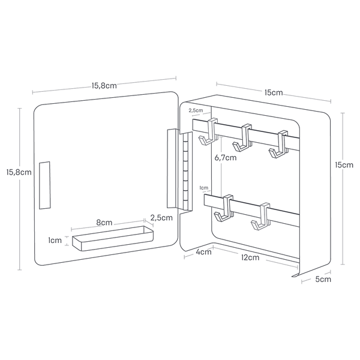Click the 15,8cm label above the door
pos(104,86)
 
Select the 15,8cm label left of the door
pos(19,172)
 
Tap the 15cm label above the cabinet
pos(274,92)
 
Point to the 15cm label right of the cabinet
pos(344,165)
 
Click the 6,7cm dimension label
pos(225,158)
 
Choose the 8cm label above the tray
pos(104,222)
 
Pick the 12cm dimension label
pos(250,257)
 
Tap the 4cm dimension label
pos(203,251)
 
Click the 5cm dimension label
pos(323,279)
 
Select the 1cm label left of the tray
pos(55,241)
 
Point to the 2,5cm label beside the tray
pos(161,218)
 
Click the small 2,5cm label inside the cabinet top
pos(196,110)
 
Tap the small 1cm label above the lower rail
pos(203,188)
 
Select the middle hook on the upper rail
pos(242,137)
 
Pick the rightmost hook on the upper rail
pos(278,144)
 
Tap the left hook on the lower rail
pos(224,209)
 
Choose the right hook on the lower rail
pos(260,217)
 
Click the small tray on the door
pos(113,238)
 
